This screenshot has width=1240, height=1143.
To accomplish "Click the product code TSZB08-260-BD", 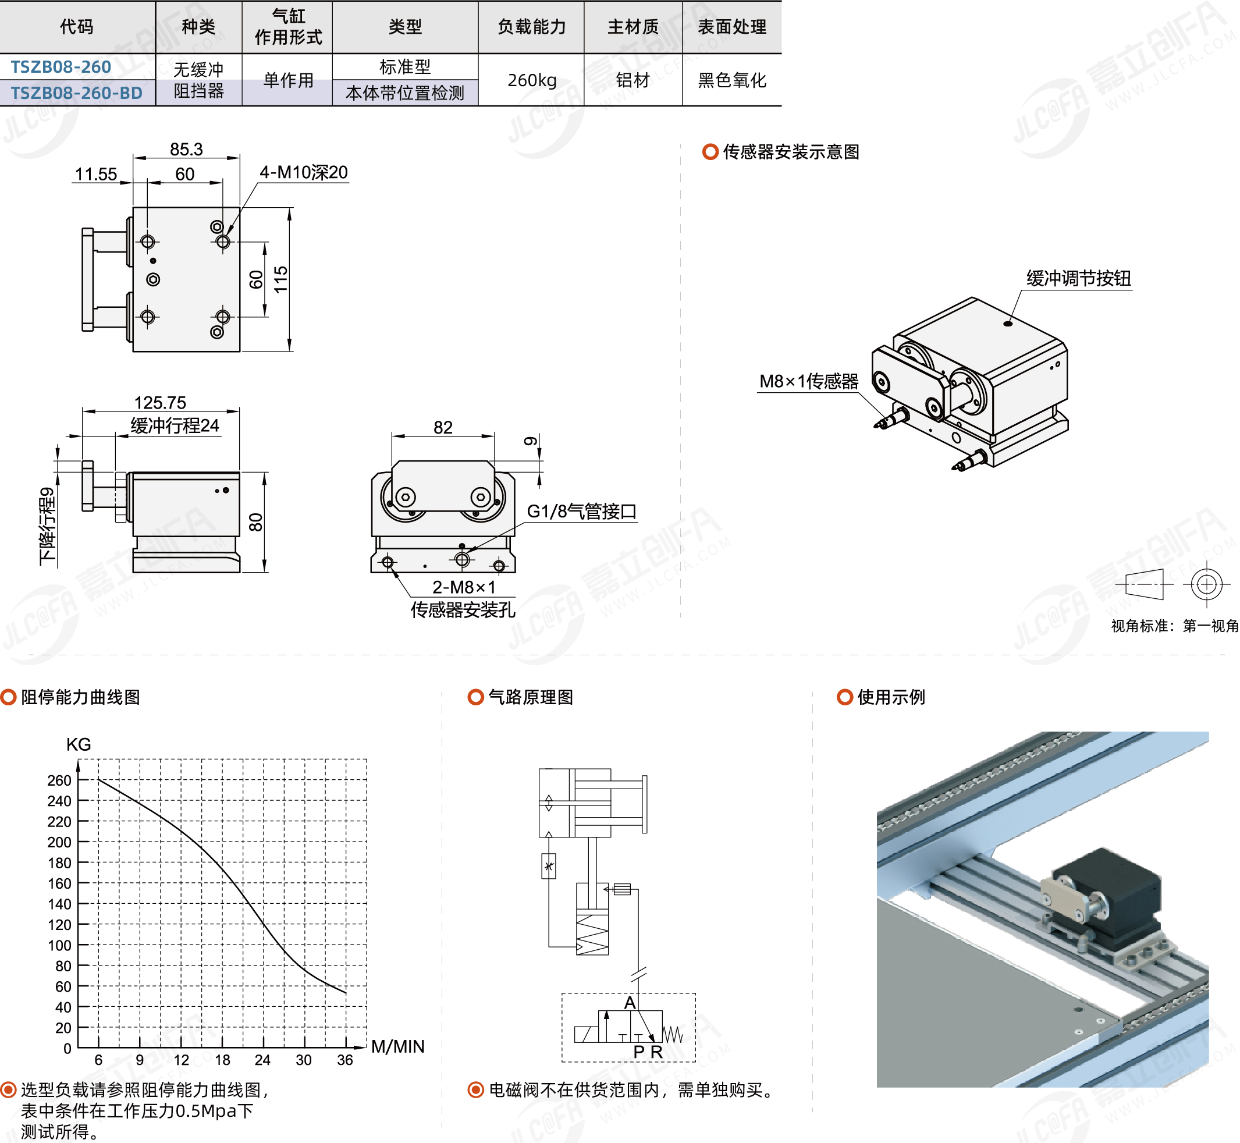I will point(76,93).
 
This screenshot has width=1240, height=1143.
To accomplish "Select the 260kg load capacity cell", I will point(531,80).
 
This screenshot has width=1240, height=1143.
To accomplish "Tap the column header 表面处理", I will point(731,27).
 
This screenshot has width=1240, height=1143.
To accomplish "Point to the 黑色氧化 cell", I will point(731,80).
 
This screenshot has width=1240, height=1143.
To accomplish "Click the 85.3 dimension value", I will point(186,149).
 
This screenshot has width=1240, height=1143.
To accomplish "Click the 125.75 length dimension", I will point(160,403).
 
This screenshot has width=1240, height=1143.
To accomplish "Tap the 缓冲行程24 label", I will point(175,425).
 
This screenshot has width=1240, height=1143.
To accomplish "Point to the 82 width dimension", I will point(443,427).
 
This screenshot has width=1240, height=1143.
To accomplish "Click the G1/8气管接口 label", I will point(581,512).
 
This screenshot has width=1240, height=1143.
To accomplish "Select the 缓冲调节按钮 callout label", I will point(1079,278).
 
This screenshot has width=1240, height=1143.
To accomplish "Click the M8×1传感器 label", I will point(808,382).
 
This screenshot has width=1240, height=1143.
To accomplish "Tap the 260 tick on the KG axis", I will point(59,780).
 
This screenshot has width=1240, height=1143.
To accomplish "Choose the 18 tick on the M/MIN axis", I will point(222,1060).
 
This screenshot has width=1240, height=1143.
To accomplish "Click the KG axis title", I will point(79,744).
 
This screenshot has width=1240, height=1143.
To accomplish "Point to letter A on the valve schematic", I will point(630,1003).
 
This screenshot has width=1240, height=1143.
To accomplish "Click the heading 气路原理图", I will point(530,697).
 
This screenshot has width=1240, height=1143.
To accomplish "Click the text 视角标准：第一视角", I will point(1174,626).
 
